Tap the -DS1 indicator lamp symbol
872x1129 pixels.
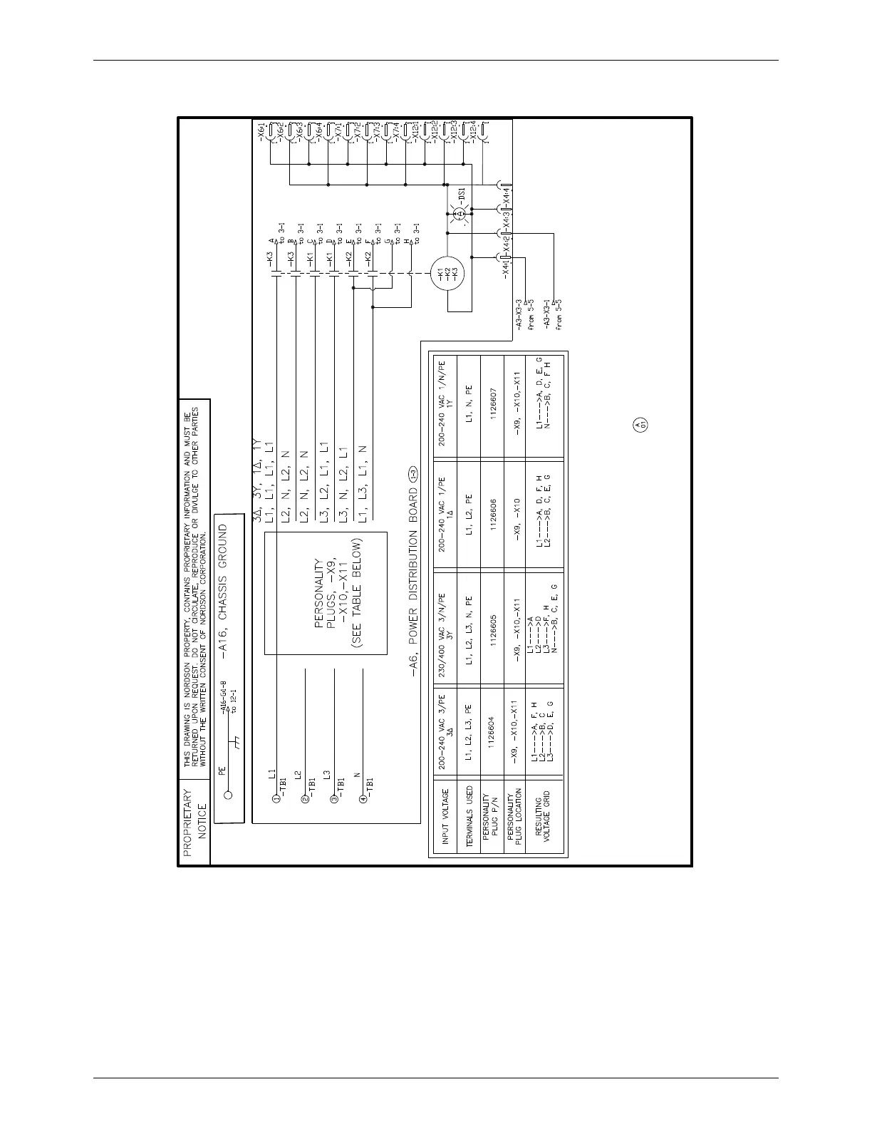460,213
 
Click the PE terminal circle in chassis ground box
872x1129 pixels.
229,795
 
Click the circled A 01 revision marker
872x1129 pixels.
638,426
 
